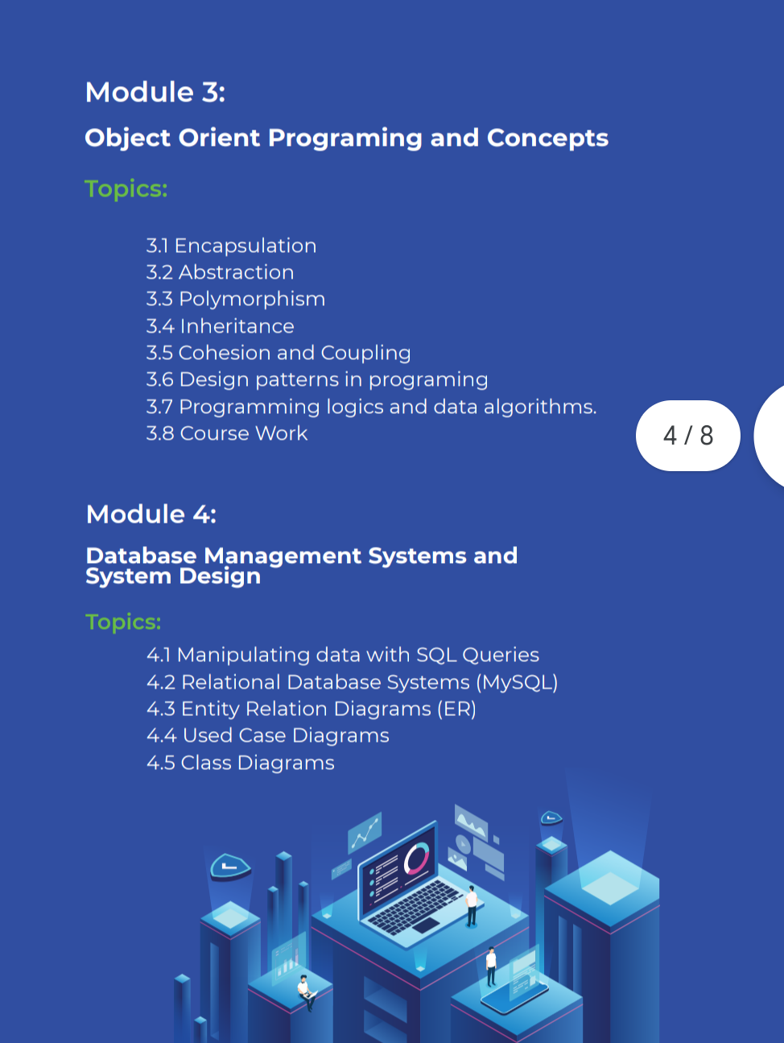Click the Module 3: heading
155,92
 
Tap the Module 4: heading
151,514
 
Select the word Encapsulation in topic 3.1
245,246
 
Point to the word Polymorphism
252,300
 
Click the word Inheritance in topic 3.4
237,326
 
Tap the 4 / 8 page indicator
687,435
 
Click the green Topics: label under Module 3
126,189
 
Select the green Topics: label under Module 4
123,622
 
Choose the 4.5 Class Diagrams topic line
241,762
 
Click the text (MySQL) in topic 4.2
517,682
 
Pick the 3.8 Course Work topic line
227,433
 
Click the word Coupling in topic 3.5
365,353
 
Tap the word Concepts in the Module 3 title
547,138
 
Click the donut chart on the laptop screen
416,858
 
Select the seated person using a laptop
307,992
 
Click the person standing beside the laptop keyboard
472,905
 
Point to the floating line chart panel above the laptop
365,832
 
